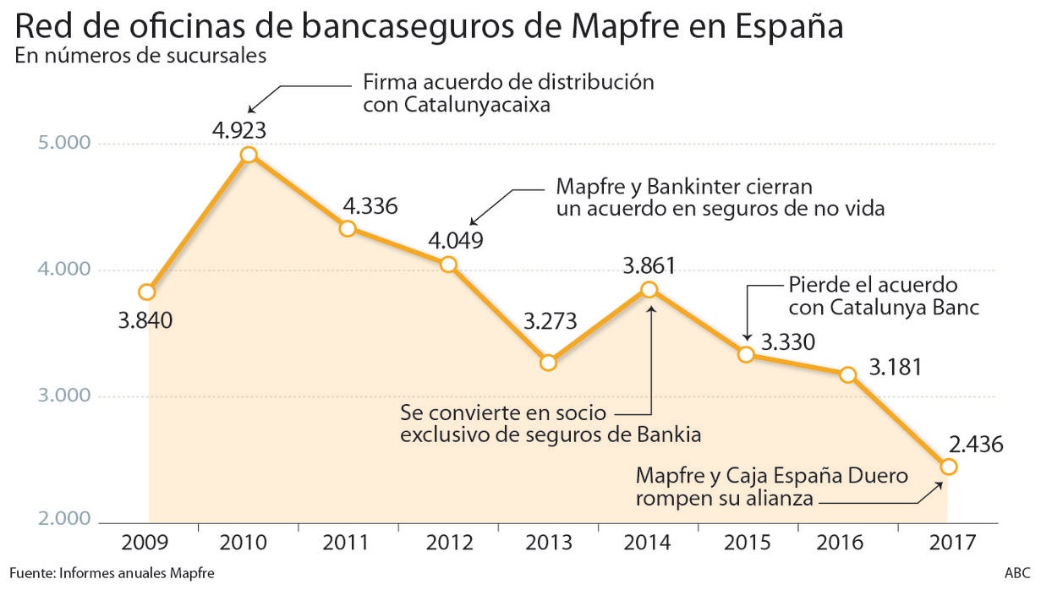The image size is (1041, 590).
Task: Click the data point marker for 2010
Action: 249,155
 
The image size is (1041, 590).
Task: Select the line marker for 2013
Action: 548,363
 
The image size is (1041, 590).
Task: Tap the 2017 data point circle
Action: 948,467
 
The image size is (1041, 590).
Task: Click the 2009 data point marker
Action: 147,292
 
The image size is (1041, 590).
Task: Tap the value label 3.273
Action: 550,322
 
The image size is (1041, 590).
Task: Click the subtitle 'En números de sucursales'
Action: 141,57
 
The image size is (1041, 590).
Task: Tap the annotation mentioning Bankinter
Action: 720,198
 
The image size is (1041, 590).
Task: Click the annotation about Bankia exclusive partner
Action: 551,424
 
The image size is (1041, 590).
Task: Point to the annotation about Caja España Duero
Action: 771,487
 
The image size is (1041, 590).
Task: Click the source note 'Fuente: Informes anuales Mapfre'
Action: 113,573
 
